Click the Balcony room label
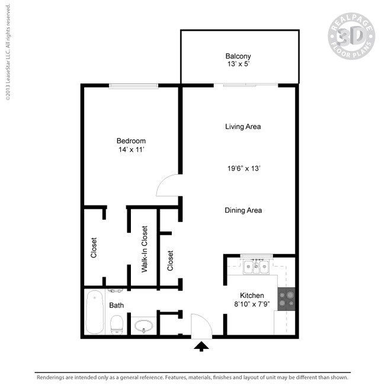point(238,56)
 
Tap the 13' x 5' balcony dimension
point(239,64)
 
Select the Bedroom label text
point(131,141)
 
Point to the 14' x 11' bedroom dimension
point(131,149)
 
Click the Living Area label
point(243,127)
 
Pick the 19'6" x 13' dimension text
point(244,168)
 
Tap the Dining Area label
point(243,210)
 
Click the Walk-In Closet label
point(145,249)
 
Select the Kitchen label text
point(252,296)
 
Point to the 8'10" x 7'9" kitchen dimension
point(252,304)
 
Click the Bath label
point(116,306)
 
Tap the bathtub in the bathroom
point(95,312)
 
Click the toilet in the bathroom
point(117,325)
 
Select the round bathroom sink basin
point(144,326)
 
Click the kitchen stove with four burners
point(286,299)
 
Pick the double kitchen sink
point(256,267)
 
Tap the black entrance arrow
point(201,346)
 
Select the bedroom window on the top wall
point(134,86)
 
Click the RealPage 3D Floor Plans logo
point(351,36)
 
